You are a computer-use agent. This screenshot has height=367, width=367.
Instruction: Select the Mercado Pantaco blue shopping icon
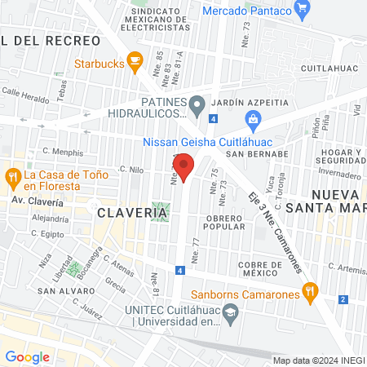coord(303,11)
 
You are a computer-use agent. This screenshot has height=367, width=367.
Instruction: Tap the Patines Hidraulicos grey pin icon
coord(197,104)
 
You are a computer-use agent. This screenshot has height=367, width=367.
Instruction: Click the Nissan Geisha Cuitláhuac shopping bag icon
coord(254,121)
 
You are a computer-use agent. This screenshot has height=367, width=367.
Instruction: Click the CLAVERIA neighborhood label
coord(132,213)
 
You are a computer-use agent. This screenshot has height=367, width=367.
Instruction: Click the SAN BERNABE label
coord(258,153)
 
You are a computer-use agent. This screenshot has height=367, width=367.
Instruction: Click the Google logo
coord(26,356)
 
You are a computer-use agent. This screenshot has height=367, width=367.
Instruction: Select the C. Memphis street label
coord(63,152)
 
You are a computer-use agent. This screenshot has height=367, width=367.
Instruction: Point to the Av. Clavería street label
coord(37,201)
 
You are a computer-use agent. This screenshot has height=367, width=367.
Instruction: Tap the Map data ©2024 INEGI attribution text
coord(318,360)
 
